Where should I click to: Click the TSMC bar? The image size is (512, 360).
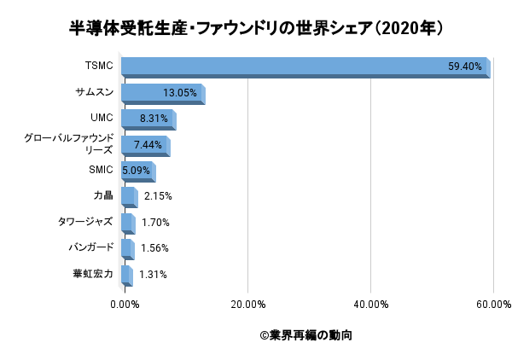click(x=305, y=67)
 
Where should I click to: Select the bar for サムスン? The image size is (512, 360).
click(x=162, y=93)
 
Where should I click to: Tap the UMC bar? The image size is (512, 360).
click(x=148, y=119)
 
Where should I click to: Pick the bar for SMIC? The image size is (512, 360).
click(x=137, y=171)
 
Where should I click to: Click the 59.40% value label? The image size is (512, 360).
click(x=465, y=67)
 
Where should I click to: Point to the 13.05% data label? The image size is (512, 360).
click(x=180, y=93)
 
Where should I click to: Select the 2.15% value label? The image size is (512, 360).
click(x=158, y=196)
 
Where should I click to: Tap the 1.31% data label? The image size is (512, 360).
click(x=153, y=275)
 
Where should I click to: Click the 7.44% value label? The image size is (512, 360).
click(x=148, y=145)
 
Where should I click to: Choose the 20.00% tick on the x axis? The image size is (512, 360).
click(x=247, y=304)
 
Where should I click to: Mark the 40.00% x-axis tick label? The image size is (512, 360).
click(x=370, y=304)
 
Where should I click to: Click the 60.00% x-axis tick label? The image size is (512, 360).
click(x=493, y=304)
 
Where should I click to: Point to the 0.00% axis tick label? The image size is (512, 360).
click(x=125, y=304)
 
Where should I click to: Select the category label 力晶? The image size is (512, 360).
click(x=102, y=196)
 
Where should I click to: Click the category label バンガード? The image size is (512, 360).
click(x=90, y=248)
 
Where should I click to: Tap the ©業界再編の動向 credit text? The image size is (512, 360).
click(x=305, y=335)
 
